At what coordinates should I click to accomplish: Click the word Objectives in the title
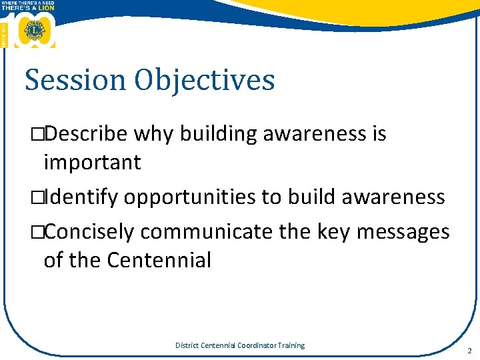pyautogui.click(x=204, y=80)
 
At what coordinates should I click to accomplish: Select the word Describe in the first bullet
pyautogui.click(x=87, y=134)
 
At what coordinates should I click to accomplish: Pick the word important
pyautogui.click(x=92, y=163)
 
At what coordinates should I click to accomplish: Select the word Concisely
pyautogui.click(x=90, y=232)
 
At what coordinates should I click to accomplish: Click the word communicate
pyautogui.click(x=203, y=232)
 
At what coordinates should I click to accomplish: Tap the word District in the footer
pyautogui.click(x=187, y=345)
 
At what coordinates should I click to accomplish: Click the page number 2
pyautogui.click(x=469, y=350)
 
